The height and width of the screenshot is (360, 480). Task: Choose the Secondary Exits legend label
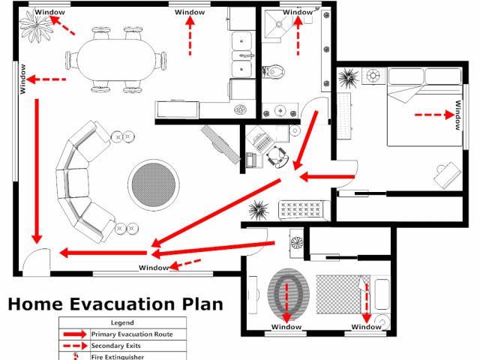tap(116, 345)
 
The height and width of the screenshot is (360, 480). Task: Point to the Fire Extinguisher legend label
tap(118, 356)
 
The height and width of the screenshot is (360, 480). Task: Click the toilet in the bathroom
tap(274, 70)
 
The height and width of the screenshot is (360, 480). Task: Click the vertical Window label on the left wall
tap(23, 79)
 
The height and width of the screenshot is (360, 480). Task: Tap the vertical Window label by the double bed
tap(457, 115)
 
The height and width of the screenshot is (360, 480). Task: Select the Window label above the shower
tap(298, 12)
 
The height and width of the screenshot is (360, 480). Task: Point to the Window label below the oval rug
tap(286, 327)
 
